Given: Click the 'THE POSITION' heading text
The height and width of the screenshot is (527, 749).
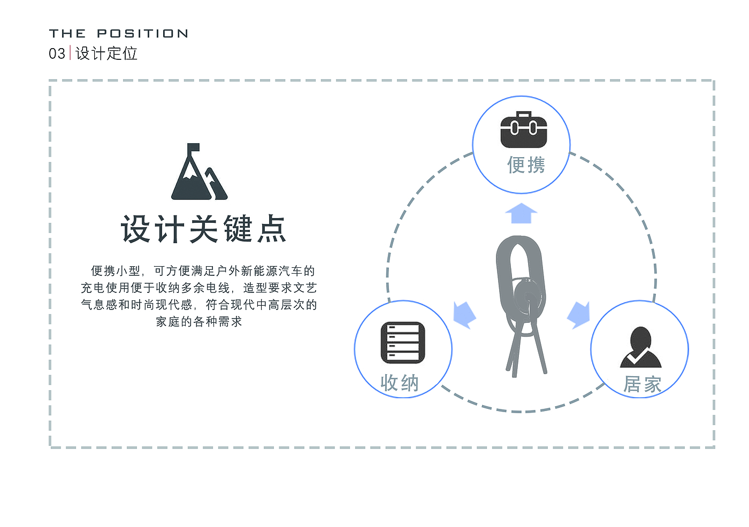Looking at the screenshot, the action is pyautogui.click(x=118, y=34).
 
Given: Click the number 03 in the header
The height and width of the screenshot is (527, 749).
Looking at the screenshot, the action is pyautogui.click(x=57, y=53).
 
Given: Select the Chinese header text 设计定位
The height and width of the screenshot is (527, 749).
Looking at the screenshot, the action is pyautogui.click(x=106, y=53).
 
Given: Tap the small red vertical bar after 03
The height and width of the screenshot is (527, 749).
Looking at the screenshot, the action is pyautogui.click(x=70, y=53).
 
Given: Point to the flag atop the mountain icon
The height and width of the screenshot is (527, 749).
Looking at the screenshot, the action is pyautogui.click(x=193, y=148).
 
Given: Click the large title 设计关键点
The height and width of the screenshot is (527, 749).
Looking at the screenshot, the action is pyautogui.click(x=203, y=229).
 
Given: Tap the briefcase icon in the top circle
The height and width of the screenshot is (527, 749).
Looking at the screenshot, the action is pyautogui.click(x=523, y=130).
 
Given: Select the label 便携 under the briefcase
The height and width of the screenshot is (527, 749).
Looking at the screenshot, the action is pyautogui.click(x=526, y=165).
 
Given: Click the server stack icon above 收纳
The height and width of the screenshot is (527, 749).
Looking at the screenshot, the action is pyautogui.click(x=403, y=343).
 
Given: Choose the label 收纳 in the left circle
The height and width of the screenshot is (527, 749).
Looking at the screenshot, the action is pyautogui.click(x=399, y=383).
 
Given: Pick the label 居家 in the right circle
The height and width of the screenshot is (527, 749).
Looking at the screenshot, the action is pyautogui.click(x=642, y=384).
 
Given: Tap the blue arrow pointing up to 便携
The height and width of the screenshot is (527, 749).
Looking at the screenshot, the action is pyautogui.click(x=521, y=213).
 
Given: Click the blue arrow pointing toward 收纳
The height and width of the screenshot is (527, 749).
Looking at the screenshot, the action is pyautogui.click(x=464, y=314).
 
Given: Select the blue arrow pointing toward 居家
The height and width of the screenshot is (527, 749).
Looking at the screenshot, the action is pyautogui.click(x=578, y=314).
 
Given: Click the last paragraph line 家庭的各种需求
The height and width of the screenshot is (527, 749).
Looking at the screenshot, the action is pyautogui.click(x=199, y=322).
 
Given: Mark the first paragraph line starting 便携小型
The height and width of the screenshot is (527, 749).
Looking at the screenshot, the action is pyautogui.click(x=203, y=271).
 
